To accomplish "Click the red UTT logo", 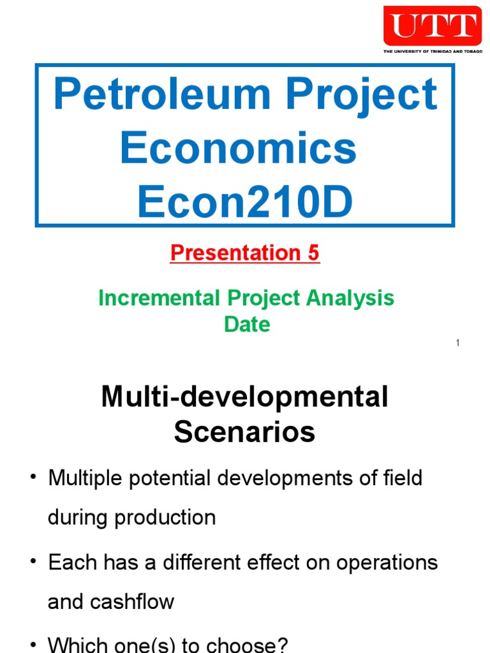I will click(432, 26).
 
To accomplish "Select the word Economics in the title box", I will click(238, 148).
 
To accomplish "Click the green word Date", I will click(247, 325).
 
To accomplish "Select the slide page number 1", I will click(458, 344).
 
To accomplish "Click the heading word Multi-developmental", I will click(244, 398).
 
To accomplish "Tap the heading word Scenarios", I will click(244, 432).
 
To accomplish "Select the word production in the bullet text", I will click(165, 517).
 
